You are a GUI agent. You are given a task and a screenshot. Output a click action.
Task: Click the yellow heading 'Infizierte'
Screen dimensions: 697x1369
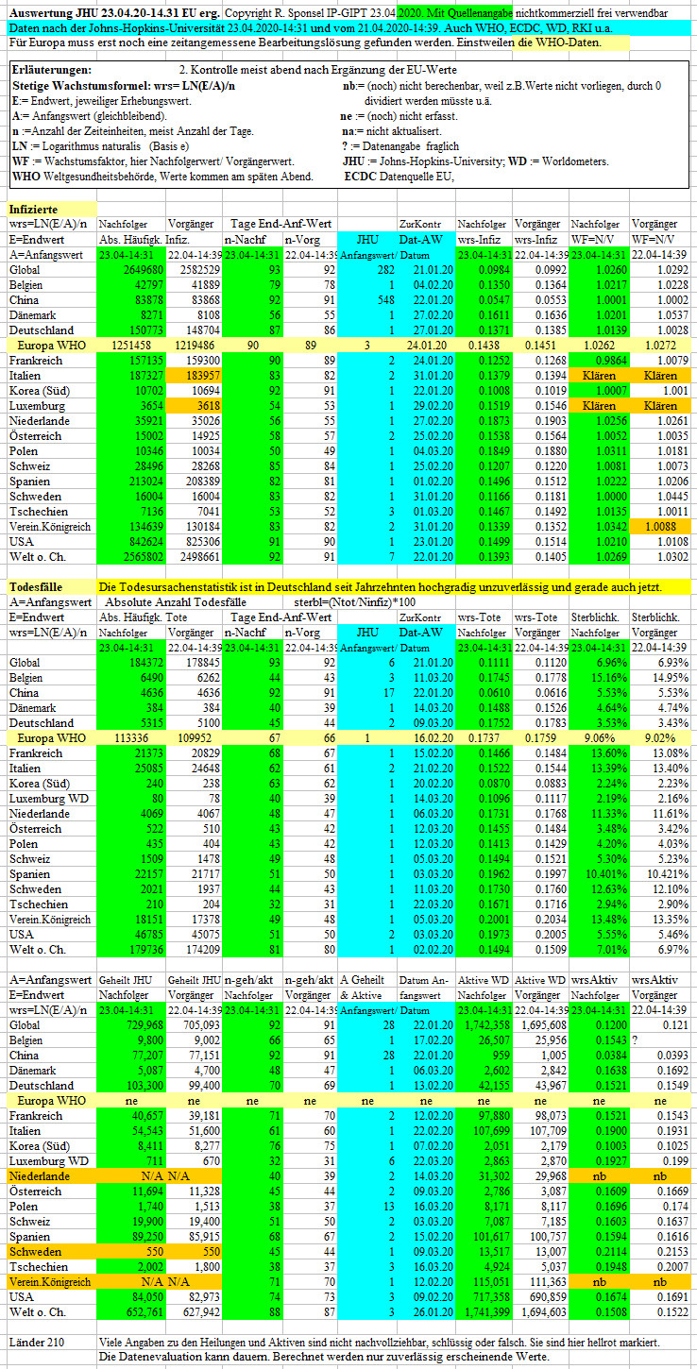[x=34, y=210]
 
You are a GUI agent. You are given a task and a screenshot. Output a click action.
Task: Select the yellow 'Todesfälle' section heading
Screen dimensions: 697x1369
[x=36, y=587]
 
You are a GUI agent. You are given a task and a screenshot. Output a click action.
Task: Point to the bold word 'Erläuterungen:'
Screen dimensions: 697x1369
[x=52, y=70]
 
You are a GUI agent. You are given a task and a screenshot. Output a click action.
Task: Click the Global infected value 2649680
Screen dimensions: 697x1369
[x=143, y=270]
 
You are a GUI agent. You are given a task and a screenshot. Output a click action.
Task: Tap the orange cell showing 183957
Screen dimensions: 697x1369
[x=199, y=376]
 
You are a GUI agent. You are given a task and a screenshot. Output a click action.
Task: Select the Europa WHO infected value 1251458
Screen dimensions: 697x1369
[x=131, y=346]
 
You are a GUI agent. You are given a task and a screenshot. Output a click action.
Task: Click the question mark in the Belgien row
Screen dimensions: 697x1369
[x=635, y=1040]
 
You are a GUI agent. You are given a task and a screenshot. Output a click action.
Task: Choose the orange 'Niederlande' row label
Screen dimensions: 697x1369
[x=39, y=1175]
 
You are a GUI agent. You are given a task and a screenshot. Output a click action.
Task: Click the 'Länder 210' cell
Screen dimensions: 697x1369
[x=36, y=1343]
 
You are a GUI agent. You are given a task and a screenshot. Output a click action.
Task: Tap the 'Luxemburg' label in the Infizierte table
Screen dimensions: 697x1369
[x=37, y=406]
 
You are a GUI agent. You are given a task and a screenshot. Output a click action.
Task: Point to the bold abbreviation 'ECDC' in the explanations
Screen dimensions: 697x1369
[x=360, y=177]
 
